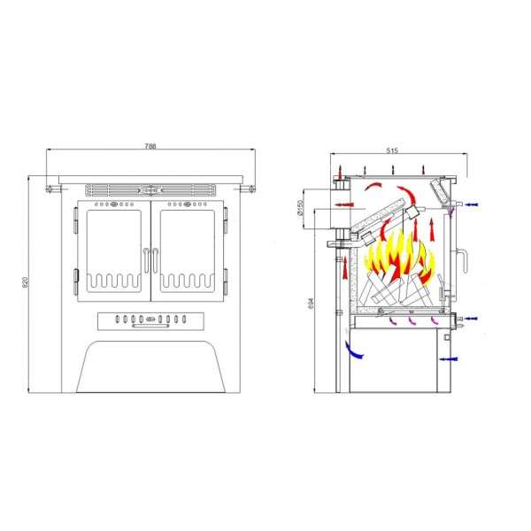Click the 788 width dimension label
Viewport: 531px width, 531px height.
[150, 146]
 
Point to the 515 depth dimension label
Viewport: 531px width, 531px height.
[392, 150]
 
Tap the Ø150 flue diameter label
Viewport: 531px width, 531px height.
[299, 209]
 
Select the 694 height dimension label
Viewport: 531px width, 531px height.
[312, 303]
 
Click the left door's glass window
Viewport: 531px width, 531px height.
[114, 251]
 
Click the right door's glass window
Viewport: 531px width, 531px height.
[188, 251]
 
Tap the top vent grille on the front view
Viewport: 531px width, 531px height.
[150, 190]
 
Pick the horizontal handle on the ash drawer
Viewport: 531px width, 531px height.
[150, 326]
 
